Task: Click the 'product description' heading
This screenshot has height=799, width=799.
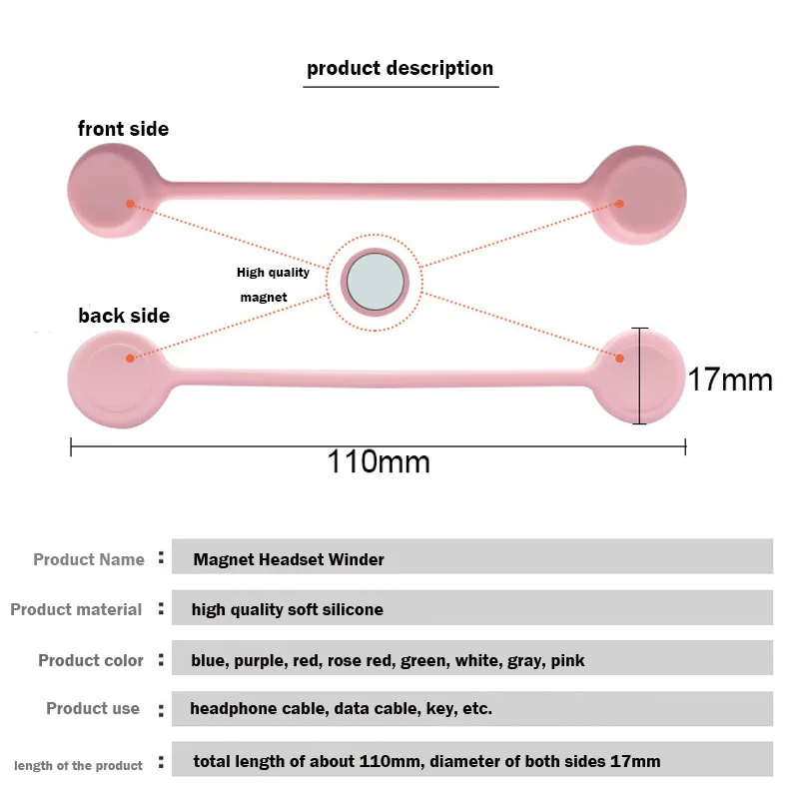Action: click(x=399, y=69)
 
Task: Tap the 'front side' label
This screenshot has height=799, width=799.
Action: click(x=123, y=129)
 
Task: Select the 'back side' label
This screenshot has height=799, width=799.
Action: click(x=124, y=316)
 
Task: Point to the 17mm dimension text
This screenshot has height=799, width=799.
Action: click(x=730, y=380)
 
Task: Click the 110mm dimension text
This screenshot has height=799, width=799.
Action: click(x=379, y=461)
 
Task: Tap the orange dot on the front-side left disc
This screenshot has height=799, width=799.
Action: click(x=130, y=204)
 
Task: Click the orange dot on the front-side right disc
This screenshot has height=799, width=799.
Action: click(x=619, y=204)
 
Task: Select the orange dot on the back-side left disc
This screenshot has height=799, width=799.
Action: click(x=130, y=358)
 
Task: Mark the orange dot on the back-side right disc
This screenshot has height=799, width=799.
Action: click(x=619, y=358)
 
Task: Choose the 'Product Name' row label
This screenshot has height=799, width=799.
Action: click(x=89, y=559)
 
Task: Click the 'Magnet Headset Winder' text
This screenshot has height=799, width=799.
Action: click(x=289, y=559)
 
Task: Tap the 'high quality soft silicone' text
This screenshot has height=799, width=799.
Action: click(x=288, y=609)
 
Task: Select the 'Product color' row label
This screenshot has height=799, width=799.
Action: click(x=91, y=660)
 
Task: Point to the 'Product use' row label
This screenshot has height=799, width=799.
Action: click(x=93, y=708)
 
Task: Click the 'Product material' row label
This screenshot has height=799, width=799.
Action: click(x=76, y=609)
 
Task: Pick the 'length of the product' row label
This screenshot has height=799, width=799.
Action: click(x=78, y=765)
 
